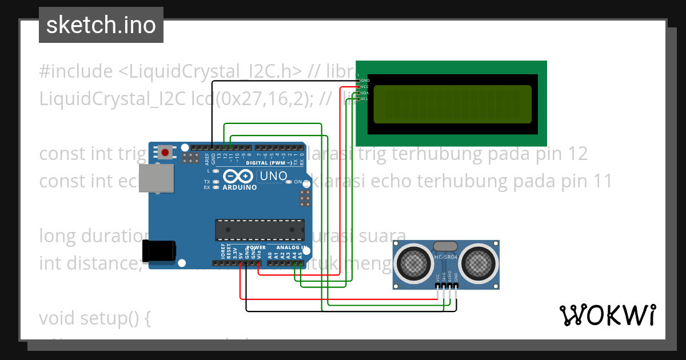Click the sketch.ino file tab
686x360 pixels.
(101, 25)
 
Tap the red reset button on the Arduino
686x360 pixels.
(165, 153)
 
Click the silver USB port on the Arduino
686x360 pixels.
(155, 179)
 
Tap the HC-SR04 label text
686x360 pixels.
(446, 257)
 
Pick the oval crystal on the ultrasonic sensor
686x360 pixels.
(446, 246)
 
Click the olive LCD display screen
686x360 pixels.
(452, 105)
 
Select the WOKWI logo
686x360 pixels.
(607, 315)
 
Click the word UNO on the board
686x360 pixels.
(273, 176)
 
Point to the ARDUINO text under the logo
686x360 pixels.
(239, 187)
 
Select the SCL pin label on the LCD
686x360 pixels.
(364, 99)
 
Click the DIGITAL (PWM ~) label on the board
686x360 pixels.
(272, 163)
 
